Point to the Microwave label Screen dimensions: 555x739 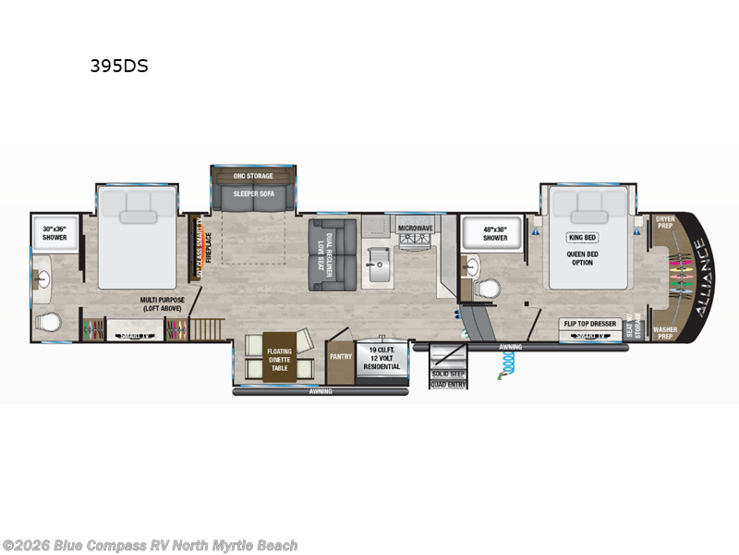pyautogui.click(x=415, y=227)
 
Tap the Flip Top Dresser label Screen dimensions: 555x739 pyautogui.click(x=591, y=324)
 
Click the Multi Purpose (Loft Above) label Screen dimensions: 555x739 pyautogui.click(x=164, y=304)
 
